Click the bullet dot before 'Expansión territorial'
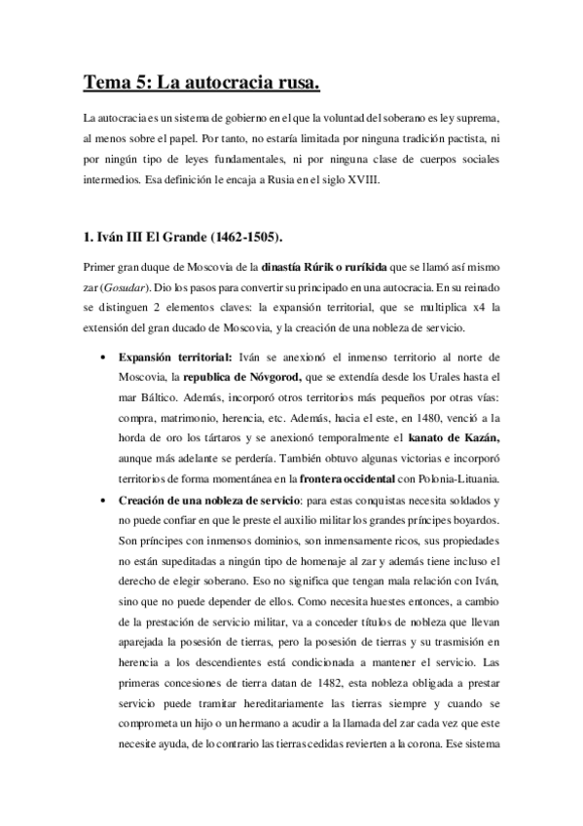[103, 358]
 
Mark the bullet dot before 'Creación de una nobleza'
[103, 499]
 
